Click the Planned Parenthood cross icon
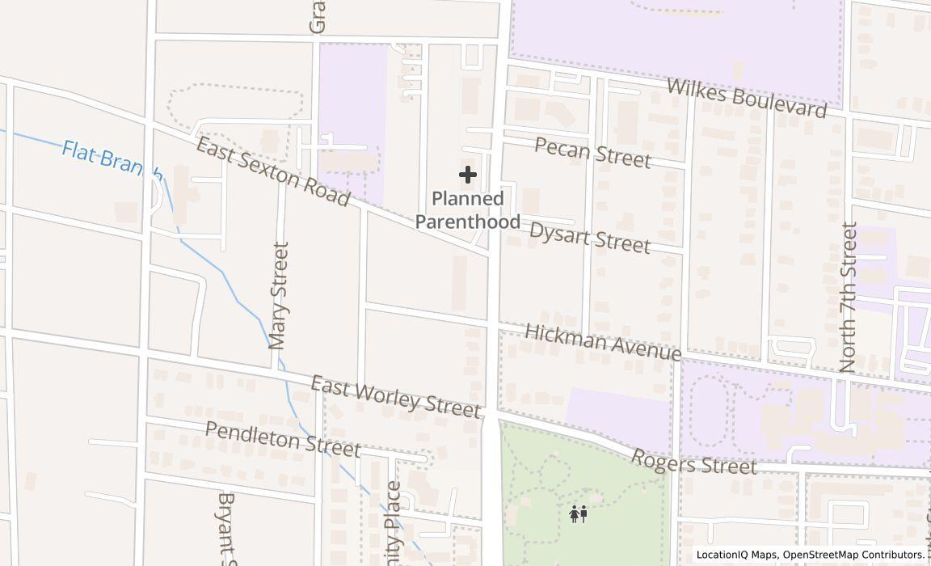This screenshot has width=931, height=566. tap(467, 175)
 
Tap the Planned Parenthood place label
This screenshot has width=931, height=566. tap(468, 209)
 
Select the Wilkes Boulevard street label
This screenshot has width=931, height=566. tap(747, 98)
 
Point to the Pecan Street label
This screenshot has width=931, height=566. tap(592, 152)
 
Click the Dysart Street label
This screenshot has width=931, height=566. tap(589, 237)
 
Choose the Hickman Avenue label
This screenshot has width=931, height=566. tap(602, 343)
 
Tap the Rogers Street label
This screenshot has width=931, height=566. tap(693, 463)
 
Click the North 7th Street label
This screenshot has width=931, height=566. tap(848, 298)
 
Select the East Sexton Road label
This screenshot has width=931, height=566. tap(273, 171)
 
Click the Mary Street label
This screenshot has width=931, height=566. tap(279, 295)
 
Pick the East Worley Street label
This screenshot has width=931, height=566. tap(396, 396)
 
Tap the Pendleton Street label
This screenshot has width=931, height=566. tap(282, 438)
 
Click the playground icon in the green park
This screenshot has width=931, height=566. tap(578, 513)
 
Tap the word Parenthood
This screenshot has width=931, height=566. tap(468, 221)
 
